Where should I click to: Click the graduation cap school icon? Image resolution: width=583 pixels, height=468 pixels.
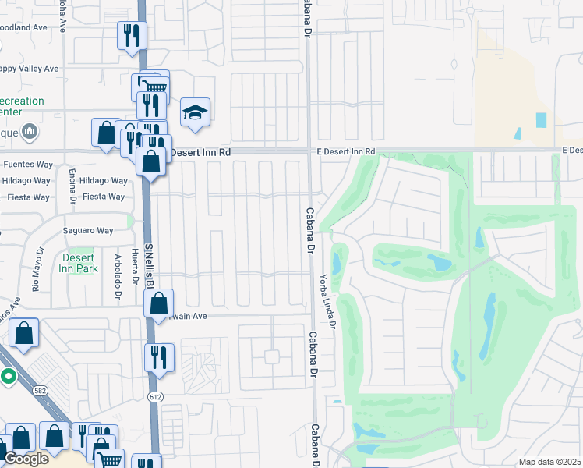point(195,112)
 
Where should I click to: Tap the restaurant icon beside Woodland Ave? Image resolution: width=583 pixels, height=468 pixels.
point(132,36)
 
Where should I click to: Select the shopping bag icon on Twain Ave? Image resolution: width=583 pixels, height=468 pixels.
point(159,304)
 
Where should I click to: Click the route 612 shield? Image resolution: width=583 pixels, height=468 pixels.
point(156,398)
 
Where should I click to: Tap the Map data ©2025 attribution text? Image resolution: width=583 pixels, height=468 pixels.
point(549,462)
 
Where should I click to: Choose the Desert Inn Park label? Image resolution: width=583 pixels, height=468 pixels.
point(76,263)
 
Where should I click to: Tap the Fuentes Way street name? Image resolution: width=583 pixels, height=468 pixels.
point(27,165)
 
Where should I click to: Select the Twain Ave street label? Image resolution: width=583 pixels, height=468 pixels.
point(189,317)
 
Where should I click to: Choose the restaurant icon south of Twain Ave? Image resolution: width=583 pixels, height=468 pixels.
point(159,358)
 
